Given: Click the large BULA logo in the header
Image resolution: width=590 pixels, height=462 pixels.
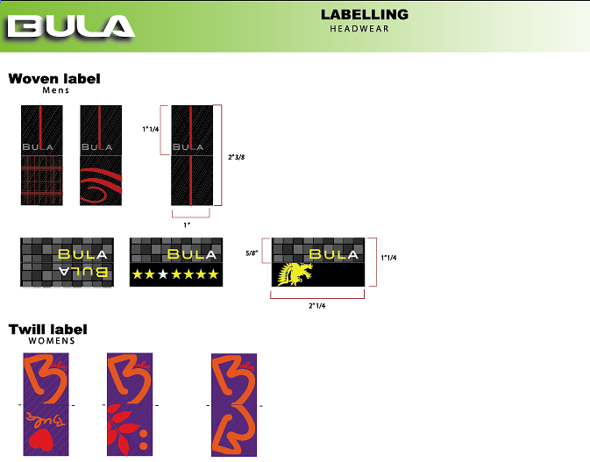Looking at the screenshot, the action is coord(71,26).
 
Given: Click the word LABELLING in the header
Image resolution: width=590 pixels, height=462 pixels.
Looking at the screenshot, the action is coord(365,15).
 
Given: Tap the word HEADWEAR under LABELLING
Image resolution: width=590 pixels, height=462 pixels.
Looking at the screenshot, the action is coord(359,29).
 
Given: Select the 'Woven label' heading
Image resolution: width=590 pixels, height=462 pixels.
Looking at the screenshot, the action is coord(54,79).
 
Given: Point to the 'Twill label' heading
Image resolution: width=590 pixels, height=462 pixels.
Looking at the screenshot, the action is coord(48,330).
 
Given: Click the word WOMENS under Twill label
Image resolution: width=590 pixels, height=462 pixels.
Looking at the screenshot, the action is coord(52,341).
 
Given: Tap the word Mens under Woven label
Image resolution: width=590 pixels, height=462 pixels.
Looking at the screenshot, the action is coord(56,90).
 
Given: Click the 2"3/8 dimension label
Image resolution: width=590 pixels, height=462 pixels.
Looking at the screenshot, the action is coord(237,157).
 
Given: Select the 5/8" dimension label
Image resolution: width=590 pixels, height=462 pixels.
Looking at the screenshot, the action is coord(252,253).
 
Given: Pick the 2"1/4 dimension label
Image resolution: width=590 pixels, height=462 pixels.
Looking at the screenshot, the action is coord(316,306).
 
